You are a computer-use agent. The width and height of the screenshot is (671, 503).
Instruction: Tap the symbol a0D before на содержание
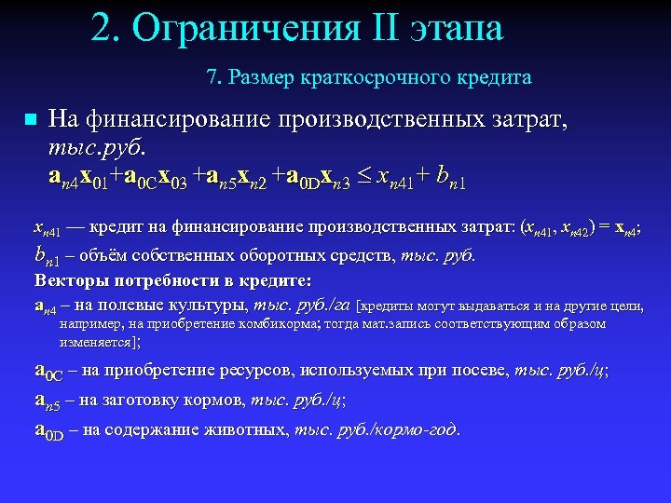(x=48, y=429)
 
